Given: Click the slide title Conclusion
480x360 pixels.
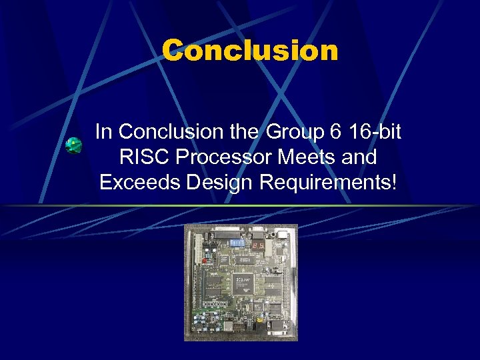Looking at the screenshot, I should [250, 51].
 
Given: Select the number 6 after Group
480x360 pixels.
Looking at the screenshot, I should [335, 132].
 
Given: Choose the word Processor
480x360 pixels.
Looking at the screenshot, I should [211, 157].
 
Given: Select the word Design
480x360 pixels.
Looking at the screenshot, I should [210, 182].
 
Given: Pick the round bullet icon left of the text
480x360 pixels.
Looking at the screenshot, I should [74, 145].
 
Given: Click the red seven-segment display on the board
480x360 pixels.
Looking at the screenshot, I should [259, 246].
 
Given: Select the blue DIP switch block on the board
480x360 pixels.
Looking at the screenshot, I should [237, 245].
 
